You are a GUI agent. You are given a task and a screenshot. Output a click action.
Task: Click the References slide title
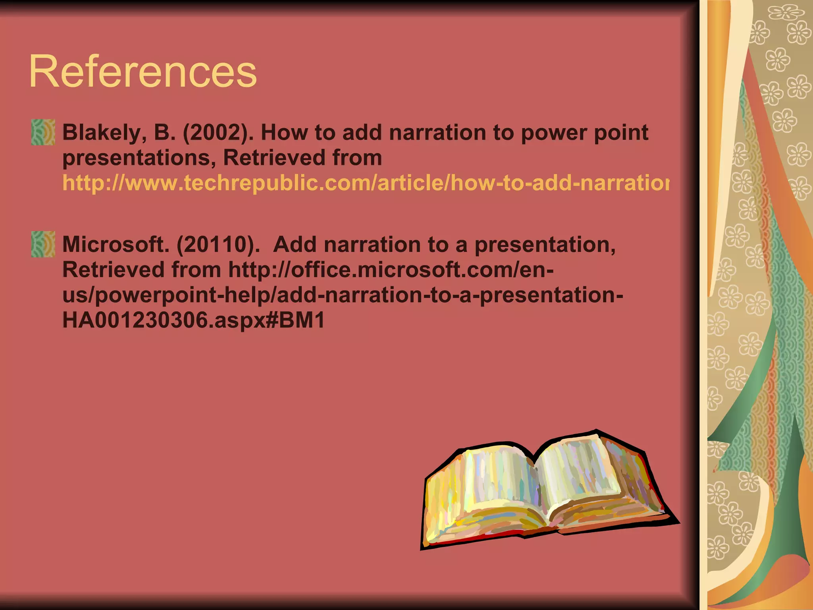[x=143, y=72]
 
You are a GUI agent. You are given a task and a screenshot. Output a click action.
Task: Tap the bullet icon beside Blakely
[x=43, y=132]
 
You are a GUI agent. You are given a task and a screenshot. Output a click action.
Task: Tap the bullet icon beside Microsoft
[x=43, y=244]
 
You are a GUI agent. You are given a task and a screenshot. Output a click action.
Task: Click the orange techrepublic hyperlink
[x=365, y=183]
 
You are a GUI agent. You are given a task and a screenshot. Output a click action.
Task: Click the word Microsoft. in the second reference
[x=116, y=245]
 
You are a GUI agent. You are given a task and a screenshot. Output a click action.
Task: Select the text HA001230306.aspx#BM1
[x=193, y=320]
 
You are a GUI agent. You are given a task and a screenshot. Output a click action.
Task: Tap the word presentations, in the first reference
[x=139, y=158]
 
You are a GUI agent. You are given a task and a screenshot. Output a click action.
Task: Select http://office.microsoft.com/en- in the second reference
[x=391, y=270]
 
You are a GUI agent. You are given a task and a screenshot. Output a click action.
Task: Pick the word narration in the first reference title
[x=437, y=133]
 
